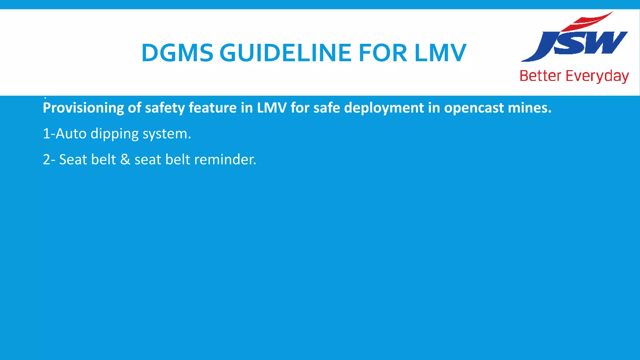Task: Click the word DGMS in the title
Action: click(177, 52)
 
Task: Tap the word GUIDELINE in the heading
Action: click(286, 52)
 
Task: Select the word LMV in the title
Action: click(440, 52)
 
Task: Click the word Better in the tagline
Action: click(540, 76)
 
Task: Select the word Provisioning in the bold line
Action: click(83, 108)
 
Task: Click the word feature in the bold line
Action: click(213, 108)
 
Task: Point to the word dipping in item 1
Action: click(114, 134)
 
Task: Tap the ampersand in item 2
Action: click(125, 159)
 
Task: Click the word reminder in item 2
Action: click(225, 159)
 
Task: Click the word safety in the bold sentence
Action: click(165, 108)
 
